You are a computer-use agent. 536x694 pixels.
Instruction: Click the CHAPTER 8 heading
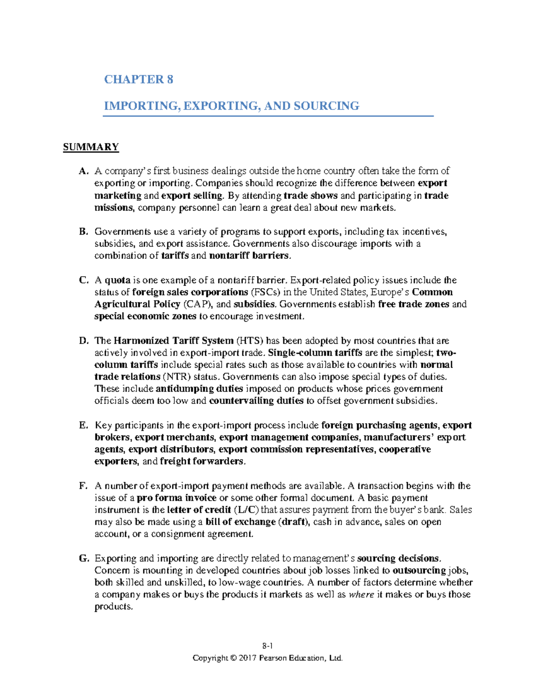(138, 80)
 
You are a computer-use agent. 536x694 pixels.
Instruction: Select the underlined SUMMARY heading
(91, 147)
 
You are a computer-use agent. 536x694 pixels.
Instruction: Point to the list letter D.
(84, 341)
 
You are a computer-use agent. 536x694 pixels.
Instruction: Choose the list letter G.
(84, 559)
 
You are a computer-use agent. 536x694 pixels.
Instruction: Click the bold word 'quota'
(117, 280)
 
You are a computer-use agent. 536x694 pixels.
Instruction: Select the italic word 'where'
(361, 595)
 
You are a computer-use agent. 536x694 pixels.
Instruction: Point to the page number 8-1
(268, 646)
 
